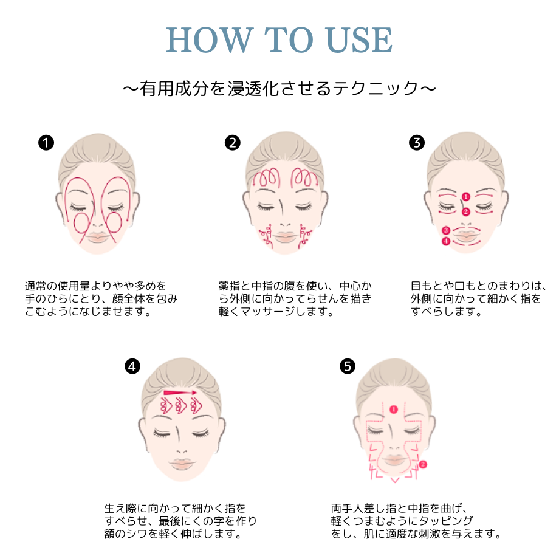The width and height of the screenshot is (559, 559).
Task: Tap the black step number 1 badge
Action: click(x=46, y=143)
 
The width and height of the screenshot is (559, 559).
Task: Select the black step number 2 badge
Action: click(x=232, y=143)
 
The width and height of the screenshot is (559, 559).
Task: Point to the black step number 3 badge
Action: click(x=417, y=143)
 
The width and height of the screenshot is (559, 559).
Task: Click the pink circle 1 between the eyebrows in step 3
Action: click(x=465, y=196)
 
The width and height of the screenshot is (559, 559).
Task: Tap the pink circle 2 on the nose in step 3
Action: click(x=465, y=212)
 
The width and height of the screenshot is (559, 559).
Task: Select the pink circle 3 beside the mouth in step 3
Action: click(x=446, y=230)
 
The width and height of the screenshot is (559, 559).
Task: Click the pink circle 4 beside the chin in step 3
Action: click(x=446, y=241)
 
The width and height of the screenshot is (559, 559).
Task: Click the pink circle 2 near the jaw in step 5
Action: click(x=424, y=464)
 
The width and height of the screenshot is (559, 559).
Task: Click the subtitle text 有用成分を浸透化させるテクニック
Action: click(x=279, y=89)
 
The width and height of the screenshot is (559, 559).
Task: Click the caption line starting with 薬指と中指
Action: click(x=295, y=286)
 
